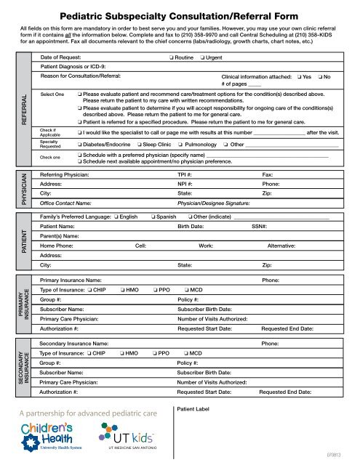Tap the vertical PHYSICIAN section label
click(25, 190)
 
